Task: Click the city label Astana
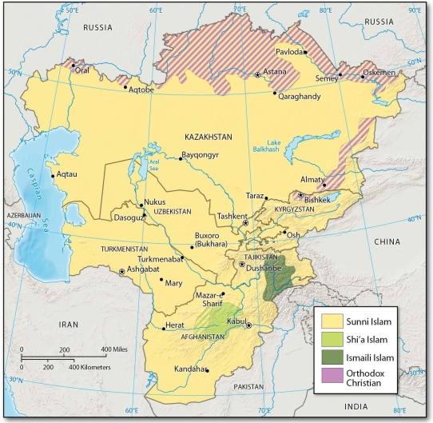click(278, 71)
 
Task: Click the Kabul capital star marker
click(248, 325)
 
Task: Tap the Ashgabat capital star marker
click(121, 272)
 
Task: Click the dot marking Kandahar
click(207, 369)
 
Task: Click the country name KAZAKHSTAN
click(207, 137)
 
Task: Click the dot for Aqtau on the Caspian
click(53, 175)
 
